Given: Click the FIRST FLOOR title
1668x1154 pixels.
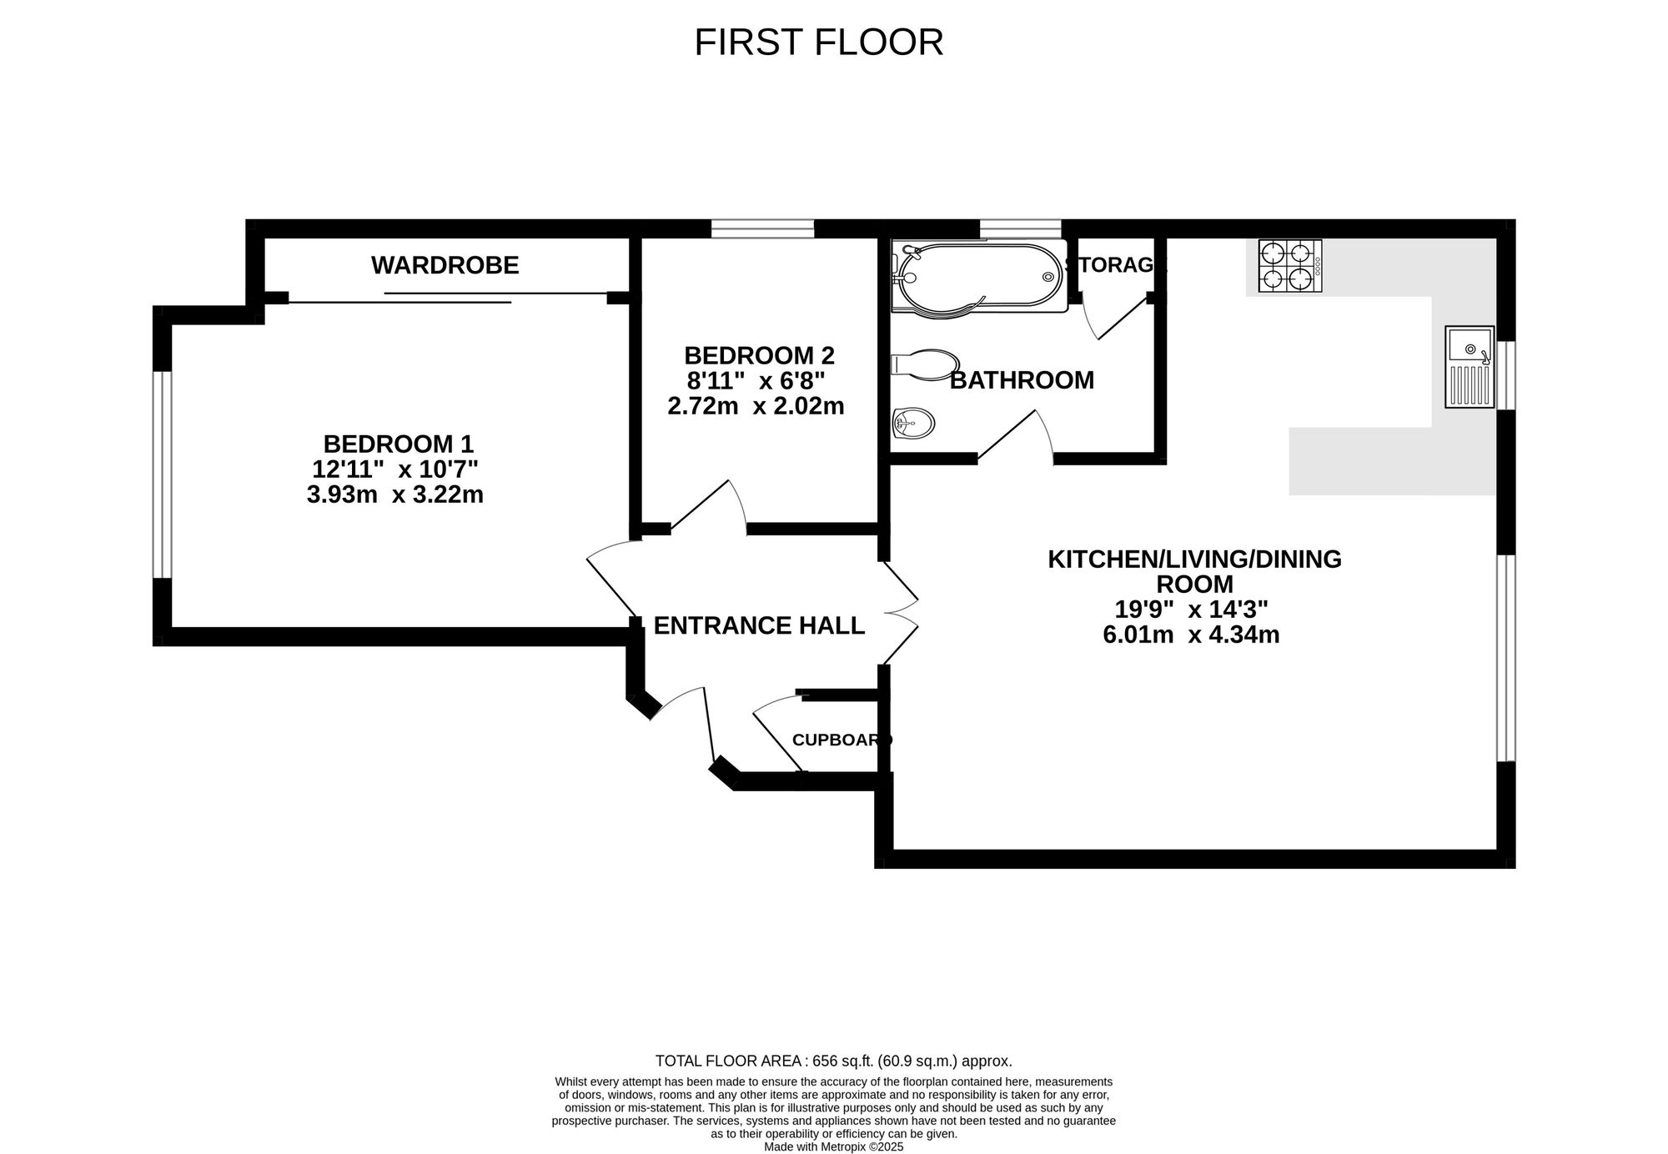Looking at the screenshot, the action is coord(818,43).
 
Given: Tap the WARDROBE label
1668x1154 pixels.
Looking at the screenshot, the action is coord(445,265).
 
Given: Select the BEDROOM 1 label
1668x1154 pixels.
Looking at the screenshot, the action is coord(398,444).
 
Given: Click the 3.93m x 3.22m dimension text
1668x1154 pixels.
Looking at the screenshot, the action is coord(395,495).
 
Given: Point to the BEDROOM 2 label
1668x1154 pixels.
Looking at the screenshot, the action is coord(759,356).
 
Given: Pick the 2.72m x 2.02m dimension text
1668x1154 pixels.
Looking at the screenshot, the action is coord(756,406).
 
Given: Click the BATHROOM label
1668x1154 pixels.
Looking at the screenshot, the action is coord(1022,380).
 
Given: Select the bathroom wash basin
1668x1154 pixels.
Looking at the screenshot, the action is coord(914,424).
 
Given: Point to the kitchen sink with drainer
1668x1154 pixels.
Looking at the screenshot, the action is coord(1470,367).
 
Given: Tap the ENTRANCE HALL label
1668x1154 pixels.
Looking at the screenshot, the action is coord(759,625).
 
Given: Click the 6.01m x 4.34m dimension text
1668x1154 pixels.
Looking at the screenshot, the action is coord(1191,635).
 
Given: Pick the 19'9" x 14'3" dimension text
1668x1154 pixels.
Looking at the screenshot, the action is coord(1192,610).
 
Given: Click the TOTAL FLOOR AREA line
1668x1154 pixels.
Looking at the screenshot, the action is coord(834,1061).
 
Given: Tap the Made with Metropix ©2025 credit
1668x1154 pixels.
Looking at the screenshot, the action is coord(834,1146).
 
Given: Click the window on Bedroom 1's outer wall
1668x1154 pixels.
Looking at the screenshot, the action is coord(162,474).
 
